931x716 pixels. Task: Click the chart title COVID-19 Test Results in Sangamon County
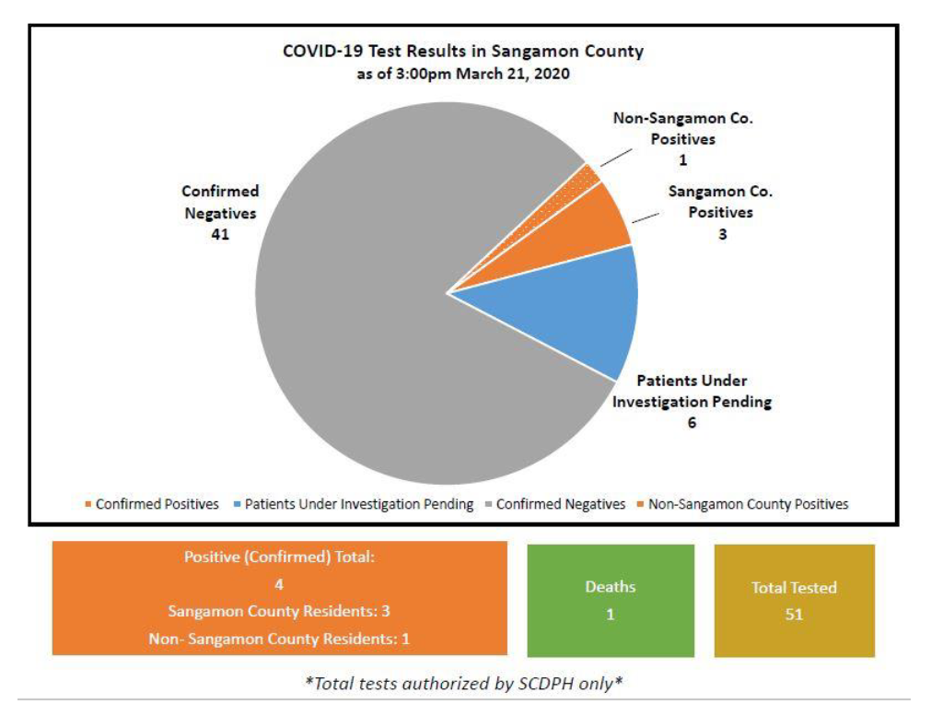coord(462,52)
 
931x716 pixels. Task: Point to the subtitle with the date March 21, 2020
coord(462,74)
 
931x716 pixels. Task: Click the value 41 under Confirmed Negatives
coord(219,234)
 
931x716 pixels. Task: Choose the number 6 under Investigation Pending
coord(691,423)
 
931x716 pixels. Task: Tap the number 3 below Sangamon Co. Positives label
coord(723,234)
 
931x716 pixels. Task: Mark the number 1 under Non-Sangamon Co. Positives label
coord(682,160)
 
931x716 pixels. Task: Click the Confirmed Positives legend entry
coord(152,504)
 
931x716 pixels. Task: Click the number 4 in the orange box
coord(279,584)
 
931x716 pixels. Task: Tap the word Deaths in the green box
coord(611,587)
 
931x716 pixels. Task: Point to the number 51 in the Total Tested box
coord(794,615)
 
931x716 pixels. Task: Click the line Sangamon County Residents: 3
coord(279,611)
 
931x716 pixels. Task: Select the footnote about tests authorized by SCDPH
coord(463,684)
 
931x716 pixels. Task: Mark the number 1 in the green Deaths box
coord(611,615)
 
